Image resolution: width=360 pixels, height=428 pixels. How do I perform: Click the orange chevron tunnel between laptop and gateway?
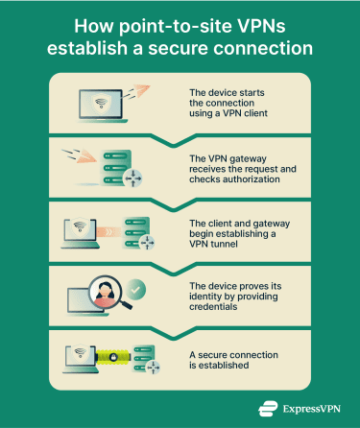(108, 231)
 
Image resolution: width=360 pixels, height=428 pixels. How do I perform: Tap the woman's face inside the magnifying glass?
(98, 292)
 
